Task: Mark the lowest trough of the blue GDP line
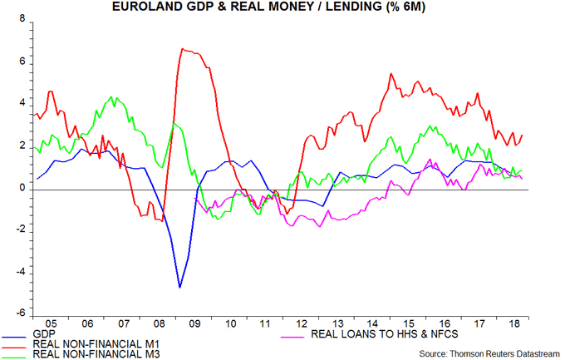(x=179, y=288)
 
